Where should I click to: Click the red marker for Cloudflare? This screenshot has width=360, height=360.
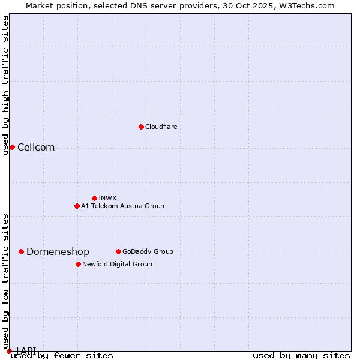pyautogui.click(x=141, y=127)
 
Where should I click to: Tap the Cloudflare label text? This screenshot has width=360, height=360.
pyautogui.click(x=161, y=127)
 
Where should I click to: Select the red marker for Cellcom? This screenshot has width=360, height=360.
pyautogui.click(x=12, y=147)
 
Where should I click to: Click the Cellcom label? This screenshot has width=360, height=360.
pyautogui.click(x=36, y=148)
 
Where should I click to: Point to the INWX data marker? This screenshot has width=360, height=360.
pyautogui.click(x=94, y=198)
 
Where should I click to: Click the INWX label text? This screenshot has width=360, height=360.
pyautogui.click(x=107, y=199)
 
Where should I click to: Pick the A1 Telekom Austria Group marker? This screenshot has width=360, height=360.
pyautogui.click(x=77, y=206)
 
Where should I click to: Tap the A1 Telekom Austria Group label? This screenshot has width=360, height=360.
pyautogui.click(x=122, y=206)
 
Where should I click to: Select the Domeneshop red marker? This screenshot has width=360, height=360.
pyautogui.click(x=21, y=251)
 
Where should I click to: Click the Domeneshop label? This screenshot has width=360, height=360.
pyautogui.click(x=58, y=252)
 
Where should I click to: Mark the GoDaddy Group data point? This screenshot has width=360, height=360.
pyautogui.click(x=118, y=251)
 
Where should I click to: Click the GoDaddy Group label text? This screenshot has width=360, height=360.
pyautogui.click(x=148, y=252)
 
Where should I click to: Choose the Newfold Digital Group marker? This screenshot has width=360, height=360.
pyautogui.click(x=78, y=264)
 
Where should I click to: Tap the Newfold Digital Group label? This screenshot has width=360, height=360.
pyautogui.click(x=117, y=265)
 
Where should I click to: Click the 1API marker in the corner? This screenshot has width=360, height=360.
pyautogui.click(x=9, y=350)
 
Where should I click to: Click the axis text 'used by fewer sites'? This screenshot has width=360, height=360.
pyautogui.click(x=62, y=355)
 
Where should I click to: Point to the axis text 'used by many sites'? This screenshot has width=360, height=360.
pyautogui.click(x=301, y=355)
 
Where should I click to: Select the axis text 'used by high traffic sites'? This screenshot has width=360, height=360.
pyautogui.click(x=5, y=85)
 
